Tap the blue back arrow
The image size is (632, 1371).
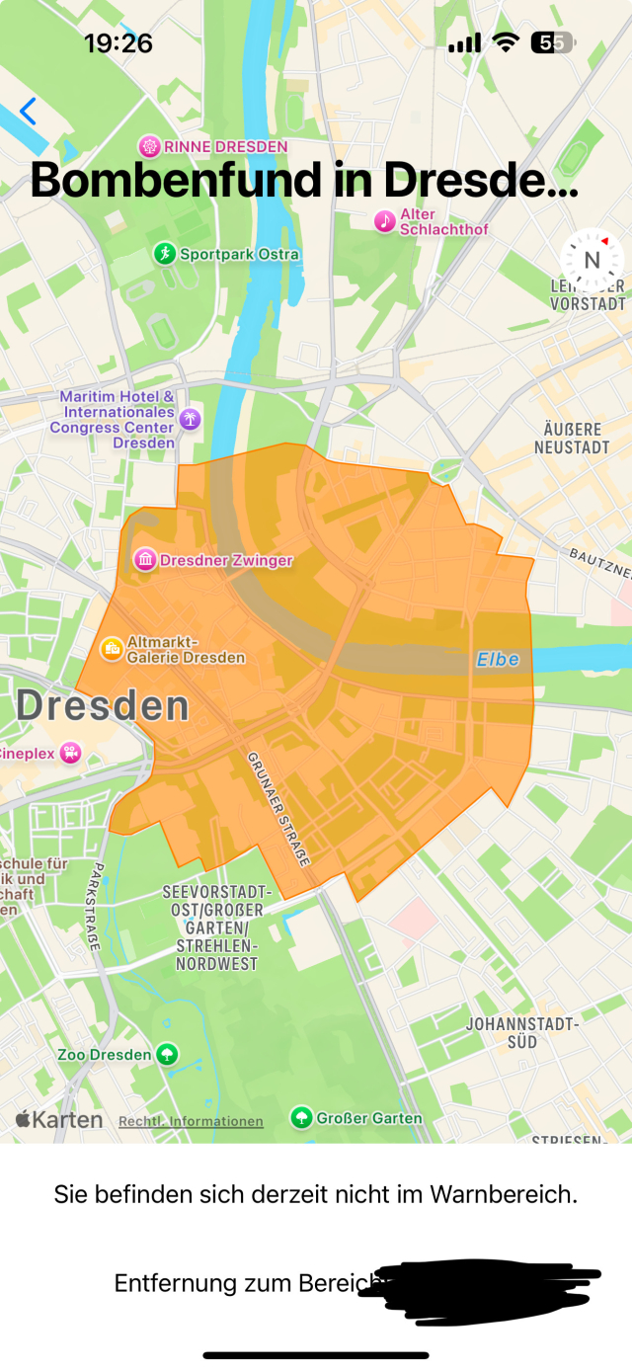pos(28,112)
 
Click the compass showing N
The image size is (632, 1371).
pos(592,260)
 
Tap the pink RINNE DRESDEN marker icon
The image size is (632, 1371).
pos(149,147)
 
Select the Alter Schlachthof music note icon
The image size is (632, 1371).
pos(385,221)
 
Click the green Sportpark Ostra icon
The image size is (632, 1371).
pos(164,254)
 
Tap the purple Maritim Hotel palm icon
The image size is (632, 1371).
pos(190,419)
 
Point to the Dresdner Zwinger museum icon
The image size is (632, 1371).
pos(146,560)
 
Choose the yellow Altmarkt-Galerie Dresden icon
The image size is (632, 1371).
pos(112,648)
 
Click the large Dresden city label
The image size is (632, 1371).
pos(102,706)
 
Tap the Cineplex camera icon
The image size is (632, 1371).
pos(69,753)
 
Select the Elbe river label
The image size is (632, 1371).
pos(498,659)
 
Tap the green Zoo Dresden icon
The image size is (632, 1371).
pos(168,1054)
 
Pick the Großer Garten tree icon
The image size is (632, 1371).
pos(301,1117)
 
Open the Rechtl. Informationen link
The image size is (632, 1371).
pos(191,1121)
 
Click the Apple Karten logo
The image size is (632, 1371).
pos(59,1119)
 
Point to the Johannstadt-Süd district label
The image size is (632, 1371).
pos(522,1033)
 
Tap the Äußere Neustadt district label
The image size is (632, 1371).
pos(572,439)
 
